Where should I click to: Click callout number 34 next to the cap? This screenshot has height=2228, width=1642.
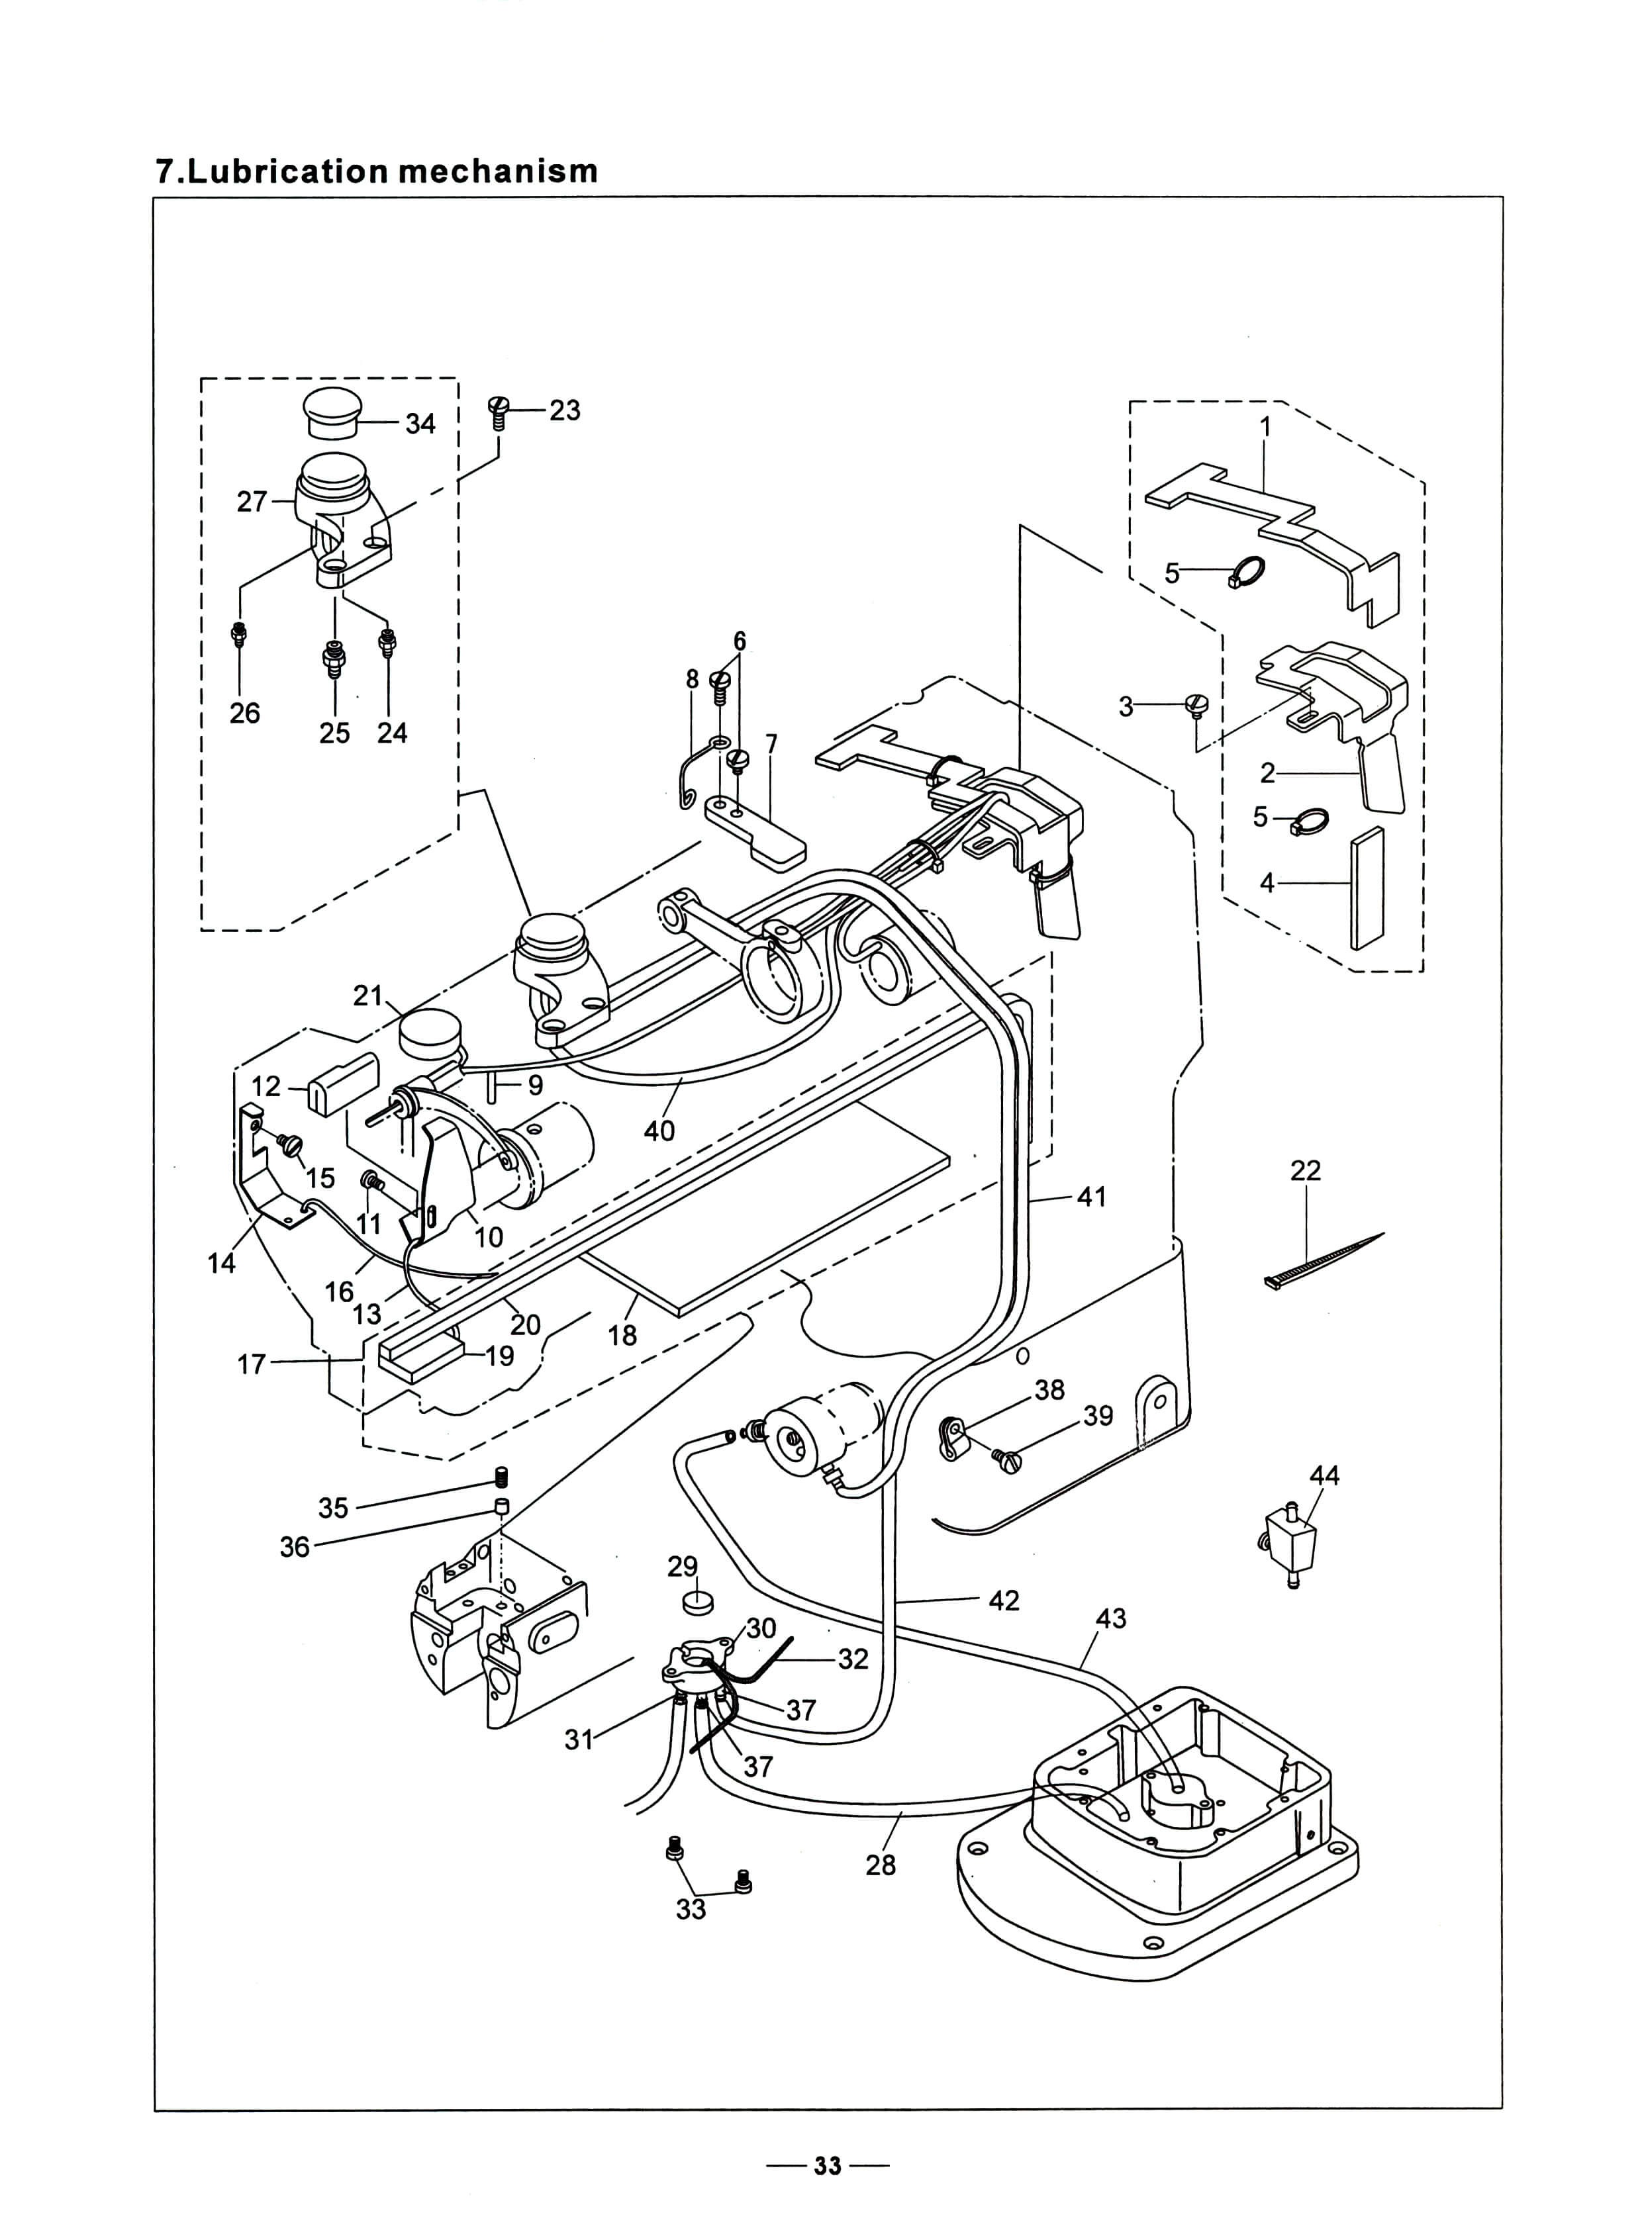[420, 424]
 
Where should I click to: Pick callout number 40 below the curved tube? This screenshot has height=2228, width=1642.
[659, 1131]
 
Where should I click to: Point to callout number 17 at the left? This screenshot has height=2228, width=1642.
[252, 1364]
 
